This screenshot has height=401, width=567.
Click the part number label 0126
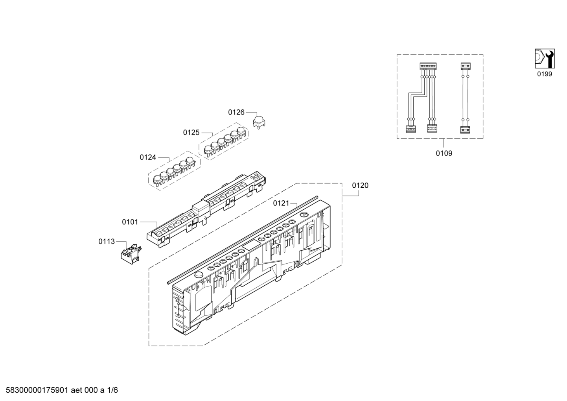236,112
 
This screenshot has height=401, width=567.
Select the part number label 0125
191,133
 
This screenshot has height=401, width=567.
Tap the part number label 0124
148,157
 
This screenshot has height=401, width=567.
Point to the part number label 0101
130,222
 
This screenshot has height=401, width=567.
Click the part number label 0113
107,241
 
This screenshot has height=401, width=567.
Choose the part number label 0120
360,185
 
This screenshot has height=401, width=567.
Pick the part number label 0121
281,203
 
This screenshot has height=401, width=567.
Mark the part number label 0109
444,153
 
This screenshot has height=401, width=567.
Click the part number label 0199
545,74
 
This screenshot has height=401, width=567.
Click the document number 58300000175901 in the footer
37,390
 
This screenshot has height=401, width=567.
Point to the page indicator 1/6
112,390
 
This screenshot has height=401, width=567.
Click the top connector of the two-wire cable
465,66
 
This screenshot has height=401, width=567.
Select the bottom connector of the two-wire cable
465,130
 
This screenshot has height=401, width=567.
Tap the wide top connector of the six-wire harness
428,66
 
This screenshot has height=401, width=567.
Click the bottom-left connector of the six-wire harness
411,129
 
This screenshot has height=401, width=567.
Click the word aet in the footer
76,390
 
